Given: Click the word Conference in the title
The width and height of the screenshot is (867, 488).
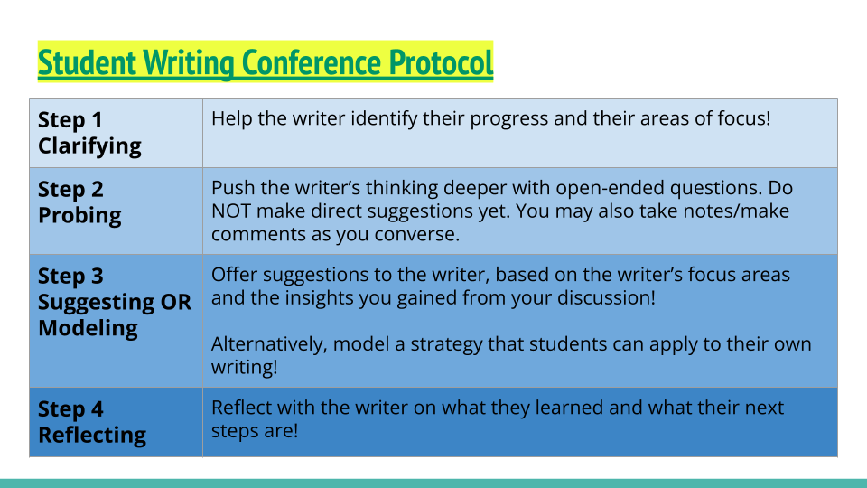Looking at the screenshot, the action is (x=312, y=62).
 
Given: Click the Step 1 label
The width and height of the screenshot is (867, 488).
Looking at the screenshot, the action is (x=70, y=120).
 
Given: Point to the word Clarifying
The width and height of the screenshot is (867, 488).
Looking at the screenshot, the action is (x=89, y=146).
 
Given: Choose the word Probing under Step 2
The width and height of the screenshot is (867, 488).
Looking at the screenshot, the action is (x=79, y=215).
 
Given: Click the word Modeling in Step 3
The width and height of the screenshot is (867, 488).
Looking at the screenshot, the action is (x=88, y=327).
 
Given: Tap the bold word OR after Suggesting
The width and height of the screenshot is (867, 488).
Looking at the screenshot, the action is (x=176, y=302).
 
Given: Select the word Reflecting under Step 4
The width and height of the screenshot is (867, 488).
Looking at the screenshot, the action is (x=92, y=435).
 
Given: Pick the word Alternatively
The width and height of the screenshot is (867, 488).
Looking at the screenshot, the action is (x=269, y=344).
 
